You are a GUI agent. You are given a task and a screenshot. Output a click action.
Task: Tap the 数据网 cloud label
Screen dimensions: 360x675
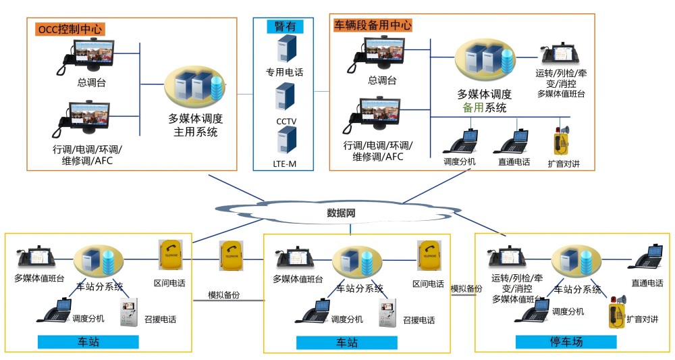[342, 213]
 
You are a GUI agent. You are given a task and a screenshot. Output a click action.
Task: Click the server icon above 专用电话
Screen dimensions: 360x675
[285, 50]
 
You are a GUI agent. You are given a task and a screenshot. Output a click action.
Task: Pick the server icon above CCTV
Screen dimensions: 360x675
[285, 97]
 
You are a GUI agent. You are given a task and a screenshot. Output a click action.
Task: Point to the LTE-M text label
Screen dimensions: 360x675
[285, 164]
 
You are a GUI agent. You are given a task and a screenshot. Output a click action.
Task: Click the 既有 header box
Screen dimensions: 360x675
[285, 26]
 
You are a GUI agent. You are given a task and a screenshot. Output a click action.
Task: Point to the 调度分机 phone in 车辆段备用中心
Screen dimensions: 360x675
[460, 142]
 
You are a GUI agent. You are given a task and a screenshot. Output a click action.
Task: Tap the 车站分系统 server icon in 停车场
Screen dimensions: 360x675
[576, 260]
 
